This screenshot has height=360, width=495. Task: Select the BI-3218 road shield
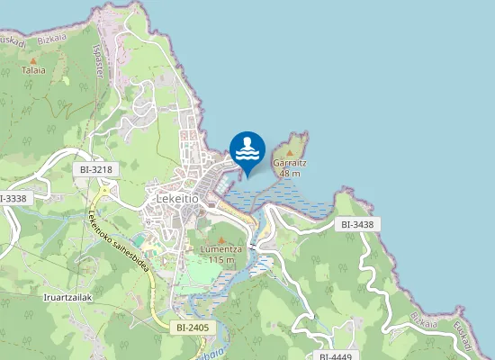pos(95,169)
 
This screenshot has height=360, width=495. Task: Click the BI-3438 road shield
pos(356,224)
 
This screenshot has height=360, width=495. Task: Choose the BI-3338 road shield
pos(13,198)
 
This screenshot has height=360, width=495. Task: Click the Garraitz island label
pos(290,163)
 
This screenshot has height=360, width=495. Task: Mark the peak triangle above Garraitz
pos(289,152)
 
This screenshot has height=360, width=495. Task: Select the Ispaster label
pos(97,62)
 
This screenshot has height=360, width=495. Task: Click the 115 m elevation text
pos(221,260)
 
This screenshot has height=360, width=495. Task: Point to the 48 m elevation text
pos(290,173)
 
